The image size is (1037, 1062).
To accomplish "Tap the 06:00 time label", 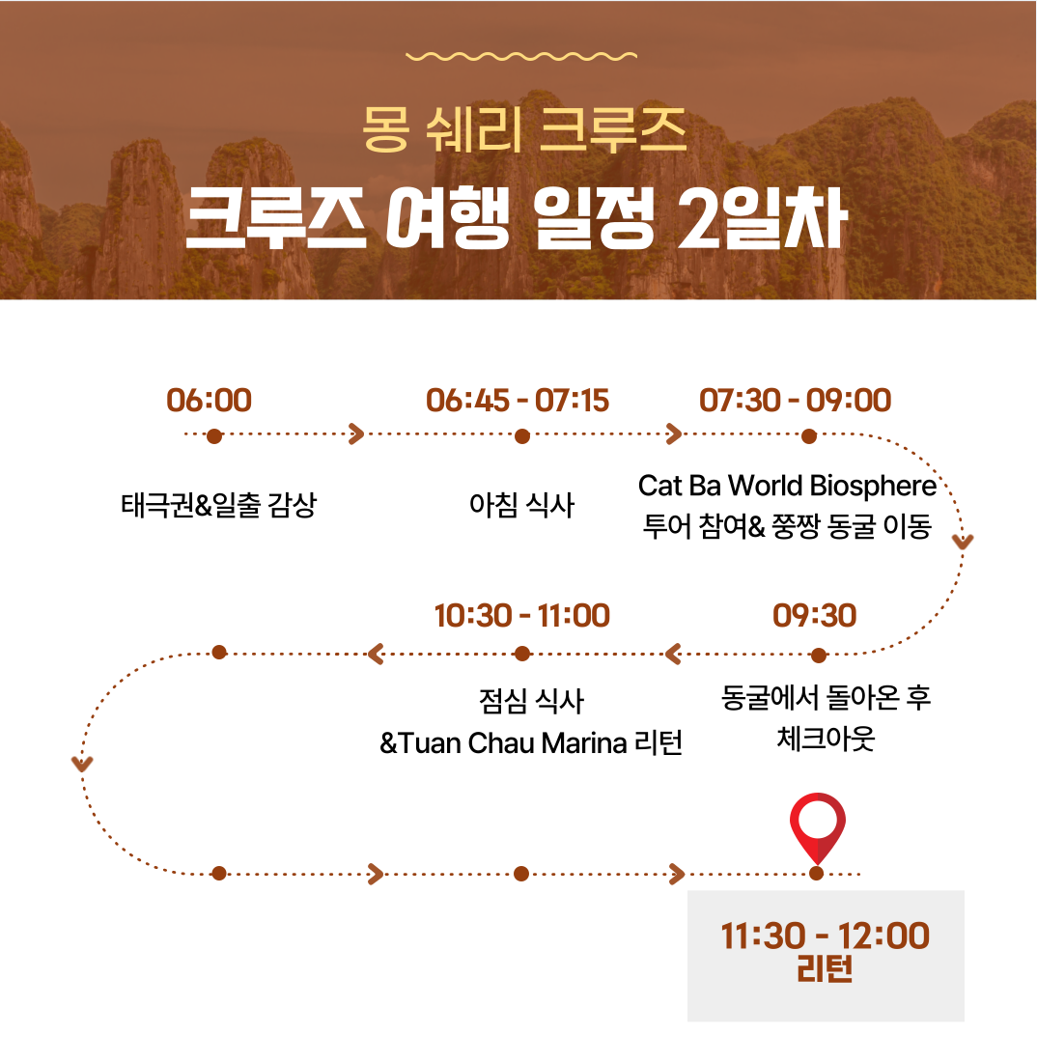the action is point(210,401).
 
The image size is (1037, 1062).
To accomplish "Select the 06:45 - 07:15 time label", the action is point(518,401).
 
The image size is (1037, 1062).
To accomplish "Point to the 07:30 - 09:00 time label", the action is point(796,401).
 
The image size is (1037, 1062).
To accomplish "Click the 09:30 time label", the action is point(815,616).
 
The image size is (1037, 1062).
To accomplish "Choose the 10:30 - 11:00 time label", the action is point(522,616).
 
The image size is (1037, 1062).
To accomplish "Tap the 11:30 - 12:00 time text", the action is point(825,936).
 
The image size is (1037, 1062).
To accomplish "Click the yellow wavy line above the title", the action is point(521,56).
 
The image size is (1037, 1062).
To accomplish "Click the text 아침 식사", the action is point(521,505).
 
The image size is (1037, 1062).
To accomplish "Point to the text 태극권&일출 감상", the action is point(219,505).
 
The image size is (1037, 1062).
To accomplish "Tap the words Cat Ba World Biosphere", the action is point(787,486).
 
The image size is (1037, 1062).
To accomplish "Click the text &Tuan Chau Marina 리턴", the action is point(531,743).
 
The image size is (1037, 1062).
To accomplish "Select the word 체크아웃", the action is point(826,739).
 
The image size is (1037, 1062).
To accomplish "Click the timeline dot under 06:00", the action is point(214,436).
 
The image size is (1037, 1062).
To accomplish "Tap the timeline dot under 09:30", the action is point(819,655).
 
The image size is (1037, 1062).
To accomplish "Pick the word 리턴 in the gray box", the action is point(825,969).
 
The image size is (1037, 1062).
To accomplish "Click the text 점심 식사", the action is point(531,701).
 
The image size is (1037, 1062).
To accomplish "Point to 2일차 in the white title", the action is point(763,218).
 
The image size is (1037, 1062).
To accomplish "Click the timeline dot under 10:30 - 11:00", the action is point(522,654).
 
